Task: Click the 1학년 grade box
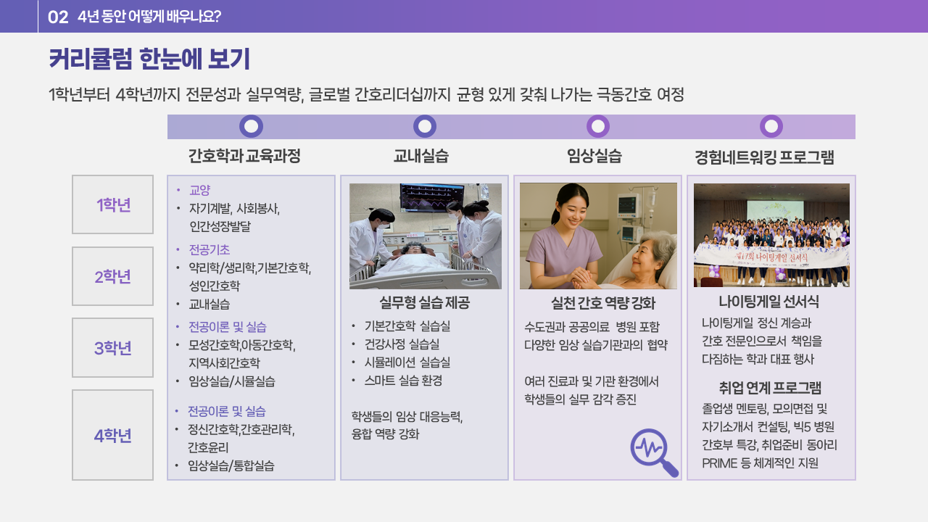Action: pos(112,204)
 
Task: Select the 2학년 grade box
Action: pos(112,276)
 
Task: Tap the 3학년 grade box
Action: pos(112,347)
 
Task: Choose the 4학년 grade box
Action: pos(112,435)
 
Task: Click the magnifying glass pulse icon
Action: pos(654,452)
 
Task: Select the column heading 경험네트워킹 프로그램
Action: pos(764,157)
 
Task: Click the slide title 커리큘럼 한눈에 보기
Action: pos(149,59)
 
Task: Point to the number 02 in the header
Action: pos(58,17)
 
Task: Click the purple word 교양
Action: pos(199,190)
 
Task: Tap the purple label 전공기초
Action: pos(210,250)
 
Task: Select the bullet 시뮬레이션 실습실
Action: pos(407,362)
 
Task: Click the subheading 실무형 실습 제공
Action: pos(425,303)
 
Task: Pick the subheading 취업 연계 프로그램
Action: pos(770,388)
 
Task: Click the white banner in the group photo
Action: pos(771,257)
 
